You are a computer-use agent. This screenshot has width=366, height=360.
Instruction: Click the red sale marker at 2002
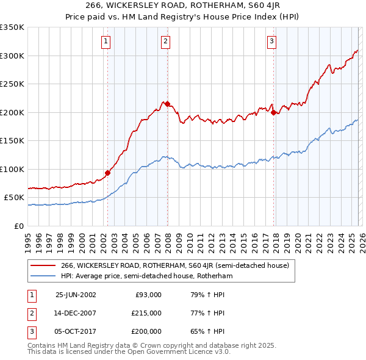point(108,173)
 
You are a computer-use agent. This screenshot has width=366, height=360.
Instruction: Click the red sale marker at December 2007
point(167,104)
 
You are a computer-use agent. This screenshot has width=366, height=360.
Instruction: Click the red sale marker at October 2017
point(273,112)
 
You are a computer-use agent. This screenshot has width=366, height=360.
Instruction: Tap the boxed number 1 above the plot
point(106,41)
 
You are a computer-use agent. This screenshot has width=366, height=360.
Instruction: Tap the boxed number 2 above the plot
point(166,41)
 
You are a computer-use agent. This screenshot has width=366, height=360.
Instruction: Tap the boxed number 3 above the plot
point(271,41)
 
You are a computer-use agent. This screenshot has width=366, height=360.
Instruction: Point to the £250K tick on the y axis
point(12,84)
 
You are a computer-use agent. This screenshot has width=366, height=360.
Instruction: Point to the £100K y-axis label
point(12,169)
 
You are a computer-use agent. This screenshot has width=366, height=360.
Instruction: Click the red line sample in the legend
point(44,265)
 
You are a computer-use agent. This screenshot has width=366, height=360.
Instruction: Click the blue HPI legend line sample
point(44,276)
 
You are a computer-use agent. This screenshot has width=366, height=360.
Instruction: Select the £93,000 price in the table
point(148,295)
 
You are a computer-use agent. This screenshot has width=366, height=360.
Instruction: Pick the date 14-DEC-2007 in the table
point(76,313)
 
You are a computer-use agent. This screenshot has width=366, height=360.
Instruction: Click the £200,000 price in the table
point(146,331)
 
